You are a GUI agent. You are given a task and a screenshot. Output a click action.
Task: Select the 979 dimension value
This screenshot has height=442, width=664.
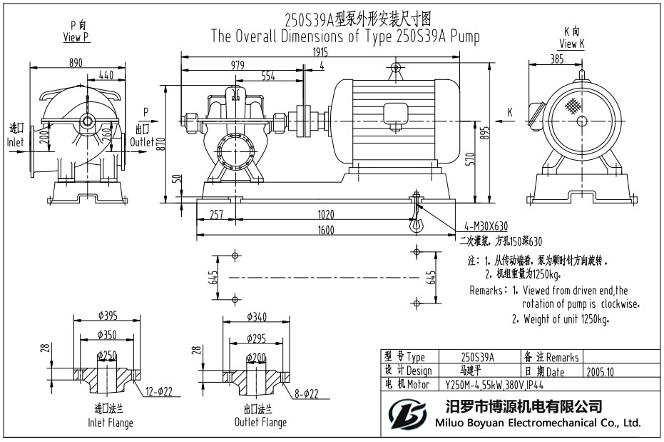point(237,65)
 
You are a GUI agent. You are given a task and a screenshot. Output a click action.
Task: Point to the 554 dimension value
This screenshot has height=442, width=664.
point(270,76)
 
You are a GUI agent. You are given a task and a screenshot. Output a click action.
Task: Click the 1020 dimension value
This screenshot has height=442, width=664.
point(326,214)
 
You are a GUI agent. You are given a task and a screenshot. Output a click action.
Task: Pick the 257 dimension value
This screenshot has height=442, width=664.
point(218,214)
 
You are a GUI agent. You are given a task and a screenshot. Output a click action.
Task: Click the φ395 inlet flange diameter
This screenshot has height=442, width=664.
point(108,315)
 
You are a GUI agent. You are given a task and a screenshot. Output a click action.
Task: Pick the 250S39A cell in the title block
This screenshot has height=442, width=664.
point(477,357)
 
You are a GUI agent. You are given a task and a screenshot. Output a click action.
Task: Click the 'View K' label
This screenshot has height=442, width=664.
point(572,44)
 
